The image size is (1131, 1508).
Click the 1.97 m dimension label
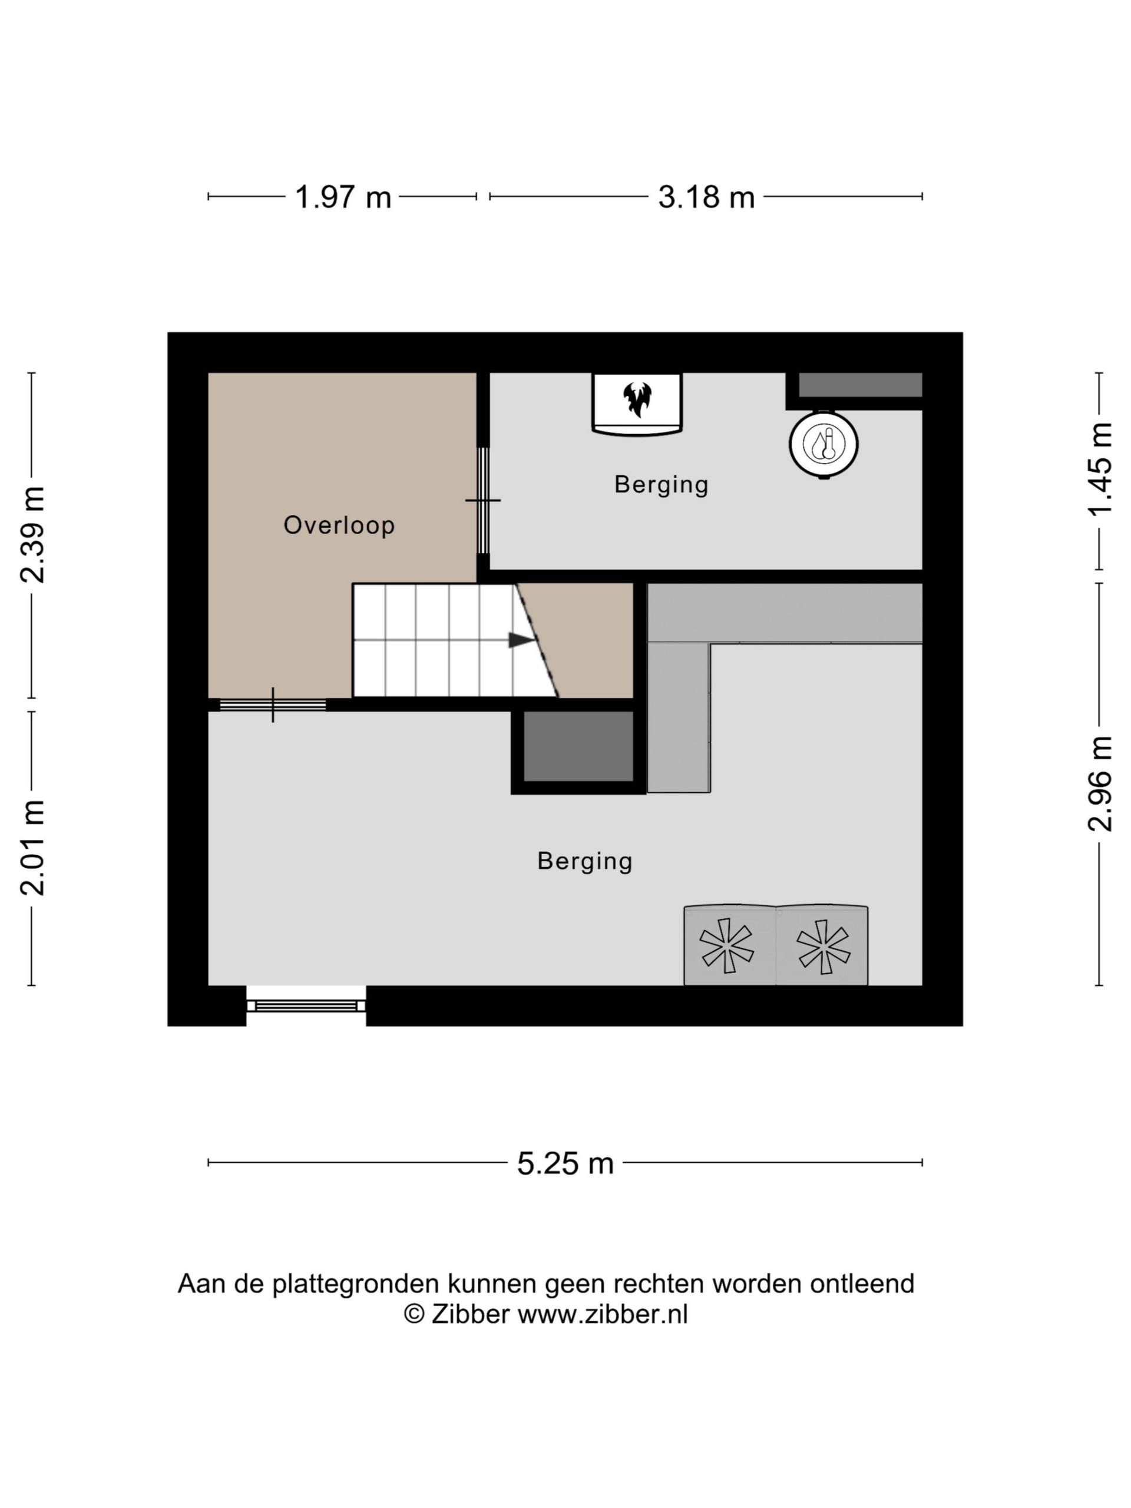[x=342, y=197]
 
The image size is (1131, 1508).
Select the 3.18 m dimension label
[x=706, y=197]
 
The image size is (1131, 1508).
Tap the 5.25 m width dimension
[x=565, y=1163]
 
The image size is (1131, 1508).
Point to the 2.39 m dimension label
[x=32, y=534]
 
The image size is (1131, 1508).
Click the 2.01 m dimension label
[x=32, y=848]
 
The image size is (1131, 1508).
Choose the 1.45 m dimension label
[x=1100, y=469]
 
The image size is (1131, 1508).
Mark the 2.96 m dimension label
[x=1100, y=783]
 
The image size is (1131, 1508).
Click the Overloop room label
[x=339, y=525]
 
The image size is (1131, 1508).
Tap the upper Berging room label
[x=662, y=485]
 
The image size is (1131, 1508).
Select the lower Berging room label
[x=585, y=861]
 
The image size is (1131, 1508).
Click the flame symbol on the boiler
[x=637, y=399]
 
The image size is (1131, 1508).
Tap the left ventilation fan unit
[x=729, y=945]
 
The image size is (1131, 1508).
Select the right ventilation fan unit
[x=822, y=945]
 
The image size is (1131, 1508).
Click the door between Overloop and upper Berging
[x=482, y=500]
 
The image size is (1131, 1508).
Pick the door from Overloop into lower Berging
[x=273, y=705]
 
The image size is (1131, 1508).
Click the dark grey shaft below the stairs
[x=578, y=746]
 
